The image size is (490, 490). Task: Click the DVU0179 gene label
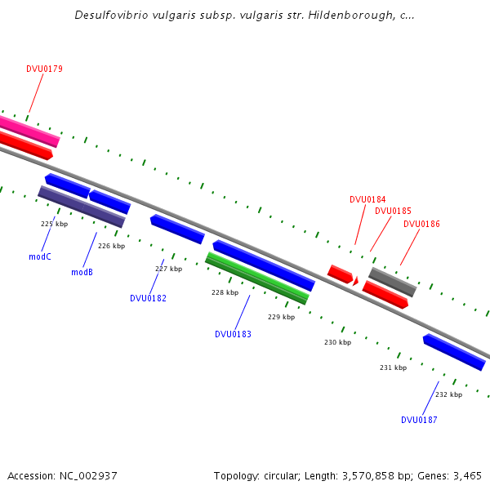pyautogui.click(x=44, y=69)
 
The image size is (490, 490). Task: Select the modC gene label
pyautogui.click(x=40, y=256)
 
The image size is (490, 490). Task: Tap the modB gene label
pyautogui.click(x=82, y=272)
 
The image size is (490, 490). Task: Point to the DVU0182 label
pyautogui.click(x=148, y=298)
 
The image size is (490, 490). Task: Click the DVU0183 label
pyautogui.click(x=233, y=334)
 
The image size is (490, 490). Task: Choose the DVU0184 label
pyautogui.click(x=367, y=199)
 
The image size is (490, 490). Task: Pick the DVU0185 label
pyautogui.click(x=393, y=211)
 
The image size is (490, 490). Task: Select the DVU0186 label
pyautogui.click(x=421, y=224)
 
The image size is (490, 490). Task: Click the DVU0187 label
pyautogui.click(x=419, y=420)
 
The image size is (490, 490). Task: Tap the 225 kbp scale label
pyautogui.click(x=54, y=223)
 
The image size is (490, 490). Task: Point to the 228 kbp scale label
pyautogui.click(x=225, y=292)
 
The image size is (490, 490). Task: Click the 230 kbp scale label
pyautogui.click(x=337, y=342)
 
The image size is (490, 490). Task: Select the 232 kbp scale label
pyautogui.click(x=448, y=394)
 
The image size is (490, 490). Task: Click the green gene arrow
pyautogui.click(x=256, y=278)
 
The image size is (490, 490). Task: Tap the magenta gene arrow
pyautogui.click(x=29, y=130)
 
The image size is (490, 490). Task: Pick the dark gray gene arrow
pyautogui.click(x=392, y=282)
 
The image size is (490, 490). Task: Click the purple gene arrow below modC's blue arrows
pyautogui.click(x=81, y=207)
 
